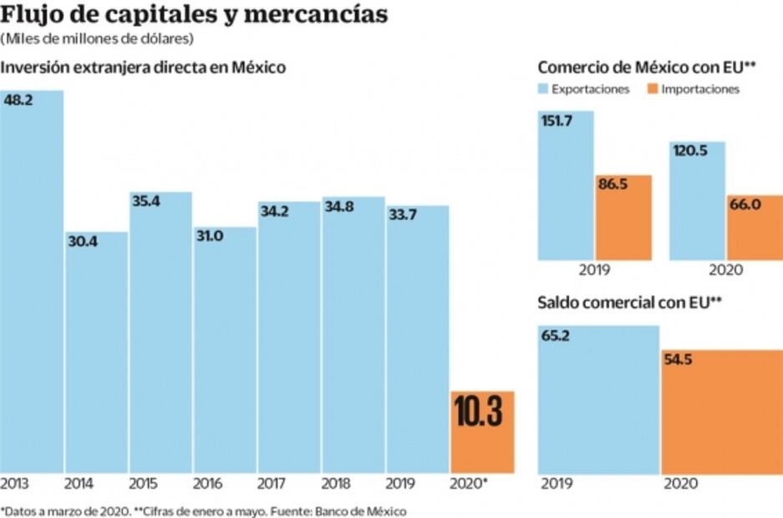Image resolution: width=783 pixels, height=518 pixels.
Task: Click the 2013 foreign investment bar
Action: coord(32,284)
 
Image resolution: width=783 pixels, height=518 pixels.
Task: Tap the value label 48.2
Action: coord(18,99)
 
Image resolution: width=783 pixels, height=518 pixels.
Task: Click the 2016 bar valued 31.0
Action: coord(225,351)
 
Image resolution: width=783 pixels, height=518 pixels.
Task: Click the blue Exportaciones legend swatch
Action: coord(544,89)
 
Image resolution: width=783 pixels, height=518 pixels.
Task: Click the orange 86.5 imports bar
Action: coord(623,217)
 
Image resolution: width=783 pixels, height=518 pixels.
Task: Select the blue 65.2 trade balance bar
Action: coord(598,401)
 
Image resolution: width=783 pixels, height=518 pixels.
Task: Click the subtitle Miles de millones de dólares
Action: coord(98,38)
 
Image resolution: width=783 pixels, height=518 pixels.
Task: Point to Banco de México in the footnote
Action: coord(367,509)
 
